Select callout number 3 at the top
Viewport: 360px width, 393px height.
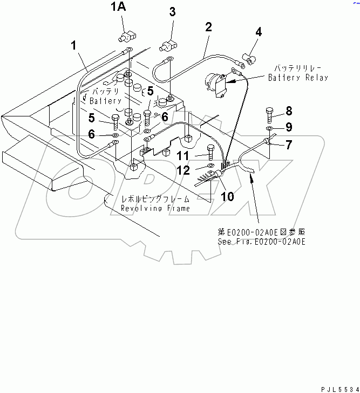172,12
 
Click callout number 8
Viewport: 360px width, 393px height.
289,111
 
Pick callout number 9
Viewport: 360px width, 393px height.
289,127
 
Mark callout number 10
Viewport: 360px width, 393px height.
228,197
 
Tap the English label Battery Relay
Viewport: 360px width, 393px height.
298,78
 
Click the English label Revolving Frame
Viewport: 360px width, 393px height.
155,208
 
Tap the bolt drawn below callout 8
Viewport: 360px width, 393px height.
270,115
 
